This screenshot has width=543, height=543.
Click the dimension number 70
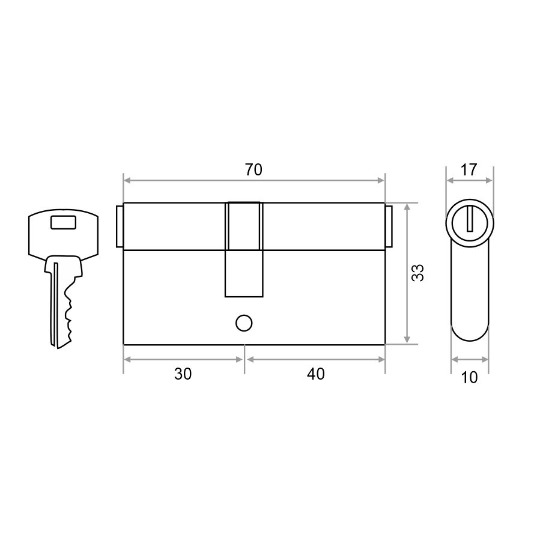click(254, 169)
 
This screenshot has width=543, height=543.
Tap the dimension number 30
click(183, 374)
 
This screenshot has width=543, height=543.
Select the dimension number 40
click(316, 374)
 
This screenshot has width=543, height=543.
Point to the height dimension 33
click(417, 273)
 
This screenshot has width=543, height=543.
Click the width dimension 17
click(469, 169)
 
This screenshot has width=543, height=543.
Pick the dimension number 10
click(469, 377)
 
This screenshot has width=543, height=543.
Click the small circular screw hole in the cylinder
click(244, 323)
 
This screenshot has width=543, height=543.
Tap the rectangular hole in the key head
click(63, 222)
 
